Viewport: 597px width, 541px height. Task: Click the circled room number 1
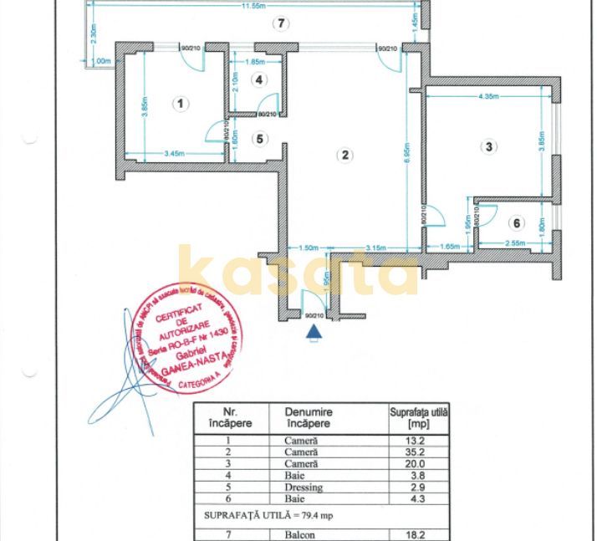pos(180,104)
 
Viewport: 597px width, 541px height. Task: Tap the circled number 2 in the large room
pos(344,155)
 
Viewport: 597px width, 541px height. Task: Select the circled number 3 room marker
pos(489,146)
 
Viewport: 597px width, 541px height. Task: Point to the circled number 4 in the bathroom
pos(260,80)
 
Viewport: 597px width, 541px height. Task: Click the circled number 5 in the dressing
pos(260,139)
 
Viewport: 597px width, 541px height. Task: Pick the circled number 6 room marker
pos(517,222)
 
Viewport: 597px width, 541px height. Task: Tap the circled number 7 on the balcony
pos(282,23)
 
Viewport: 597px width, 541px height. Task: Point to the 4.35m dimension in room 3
pos(489,97)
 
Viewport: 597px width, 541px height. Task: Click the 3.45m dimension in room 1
pos(174,153)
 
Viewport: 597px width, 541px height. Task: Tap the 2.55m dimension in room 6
pos(515,244)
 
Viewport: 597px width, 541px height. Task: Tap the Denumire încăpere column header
pos(309,417)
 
